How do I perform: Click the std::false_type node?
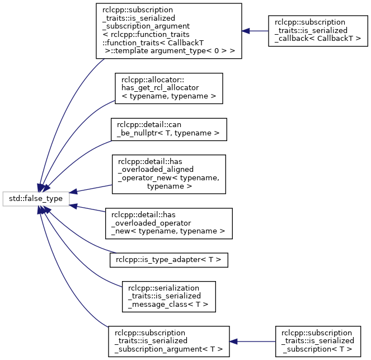[36, 199]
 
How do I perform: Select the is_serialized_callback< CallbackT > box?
[318, 31]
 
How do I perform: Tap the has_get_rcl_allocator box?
[168, 88]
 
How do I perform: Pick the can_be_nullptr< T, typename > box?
[168, 129]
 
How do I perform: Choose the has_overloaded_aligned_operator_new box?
[168, 174]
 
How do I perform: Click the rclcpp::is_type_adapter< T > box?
[168, 260]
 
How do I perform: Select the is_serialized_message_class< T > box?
[168, 297]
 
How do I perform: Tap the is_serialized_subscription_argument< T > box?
[168, 342]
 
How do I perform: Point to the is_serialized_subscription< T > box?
[318, 342]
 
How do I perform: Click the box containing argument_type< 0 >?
[168, 31]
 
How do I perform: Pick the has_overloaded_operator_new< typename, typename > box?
[168, 223]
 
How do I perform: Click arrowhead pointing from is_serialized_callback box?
[246, 31]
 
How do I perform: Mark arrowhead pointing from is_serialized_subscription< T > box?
[233, 342]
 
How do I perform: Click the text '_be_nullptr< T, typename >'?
[168, 133]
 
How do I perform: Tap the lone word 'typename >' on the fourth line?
[170, 186]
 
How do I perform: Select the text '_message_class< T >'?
[168, 305]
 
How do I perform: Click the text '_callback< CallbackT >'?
[318, 39]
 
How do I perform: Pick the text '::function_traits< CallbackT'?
[153, 43]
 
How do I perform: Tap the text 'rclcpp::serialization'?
[163, 288]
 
